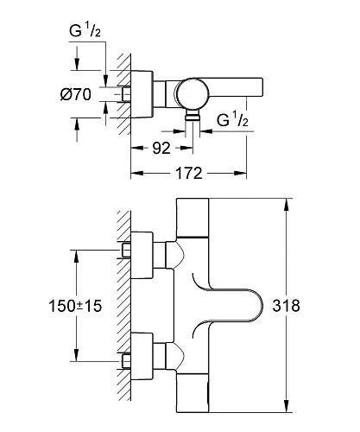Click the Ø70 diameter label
76,94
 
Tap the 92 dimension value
161,149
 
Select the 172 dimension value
188,174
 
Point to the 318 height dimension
287,306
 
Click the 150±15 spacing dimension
75,306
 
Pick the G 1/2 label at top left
85,30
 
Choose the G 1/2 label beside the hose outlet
232,120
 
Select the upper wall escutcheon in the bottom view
142,255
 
